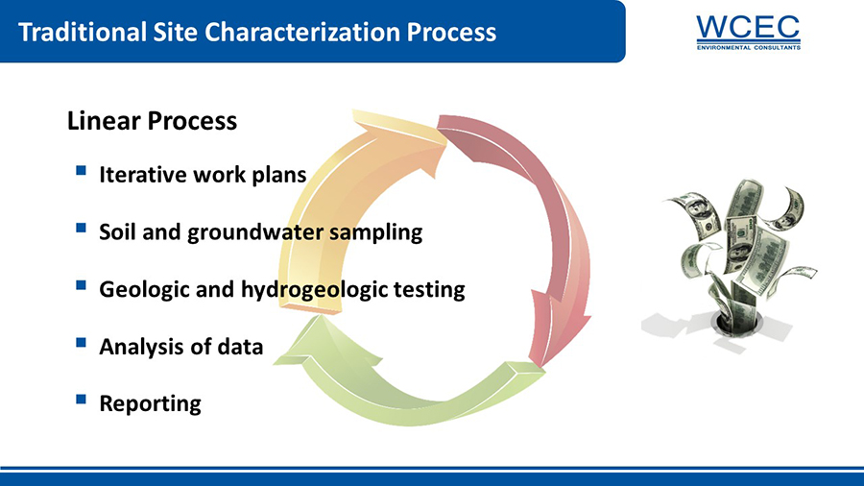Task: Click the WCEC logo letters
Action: (748, 27)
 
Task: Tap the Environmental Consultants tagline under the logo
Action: (748, 47)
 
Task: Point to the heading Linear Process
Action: (152, 121)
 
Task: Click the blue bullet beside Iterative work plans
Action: (81, 170)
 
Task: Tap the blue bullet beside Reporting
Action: (81, 399)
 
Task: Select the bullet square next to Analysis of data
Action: (81, 342)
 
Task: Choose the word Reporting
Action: (150, 404)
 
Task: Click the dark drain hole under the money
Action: (736, 324)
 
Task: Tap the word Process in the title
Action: (451, 32)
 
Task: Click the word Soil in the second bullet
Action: (117, 232)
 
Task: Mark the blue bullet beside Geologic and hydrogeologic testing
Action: (81, 285)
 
